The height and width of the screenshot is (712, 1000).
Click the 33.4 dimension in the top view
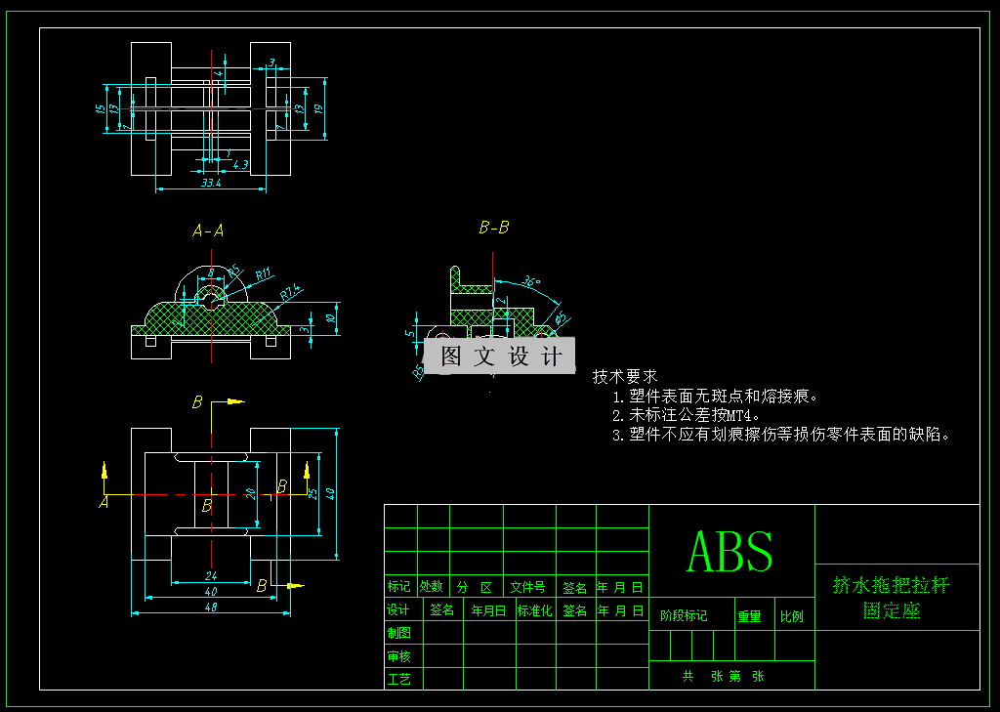click(211, 182)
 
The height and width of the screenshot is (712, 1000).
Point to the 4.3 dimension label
click(240, 163)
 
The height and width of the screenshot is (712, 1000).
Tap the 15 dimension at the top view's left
click(101, 108)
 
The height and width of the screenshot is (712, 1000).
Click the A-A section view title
click(208, 231)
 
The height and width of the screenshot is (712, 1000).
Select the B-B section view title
click(493, 228)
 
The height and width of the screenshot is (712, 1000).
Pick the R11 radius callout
click(264, 275)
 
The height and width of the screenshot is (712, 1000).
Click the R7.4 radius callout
click(290, 292)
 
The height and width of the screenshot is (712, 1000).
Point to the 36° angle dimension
click(531, 282)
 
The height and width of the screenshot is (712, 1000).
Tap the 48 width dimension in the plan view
click(210, 607)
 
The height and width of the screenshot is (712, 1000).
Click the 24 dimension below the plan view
click(210, 575)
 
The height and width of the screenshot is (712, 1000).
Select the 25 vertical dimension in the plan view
click(312, 493)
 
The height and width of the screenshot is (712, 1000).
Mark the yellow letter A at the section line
click(104, 502)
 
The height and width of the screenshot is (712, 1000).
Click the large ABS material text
click(730, 552)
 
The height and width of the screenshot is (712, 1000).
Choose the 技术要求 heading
click(625, 376)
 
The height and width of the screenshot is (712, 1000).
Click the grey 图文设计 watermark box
click(500, 356)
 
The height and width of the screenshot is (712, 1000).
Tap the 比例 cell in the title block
click(792, 616)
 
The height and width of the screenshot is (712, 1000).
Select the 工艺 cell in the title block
click(399, 679)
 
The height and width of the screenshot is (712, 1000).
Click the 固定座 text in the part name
click(892, 610)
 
